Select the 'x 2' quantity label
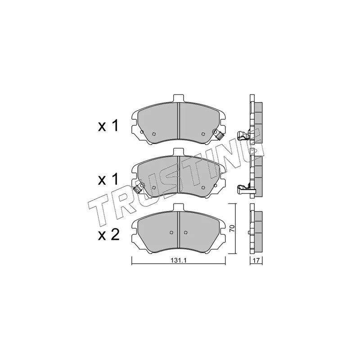click(x=109, y=235)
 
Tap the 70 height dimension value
click(x=232, y=228)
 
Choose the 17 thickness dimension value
click(x=256, y=261)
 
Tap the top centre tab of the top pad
click(x=178, y=98)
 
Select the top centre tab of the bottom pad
click(x=178, y=207)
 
